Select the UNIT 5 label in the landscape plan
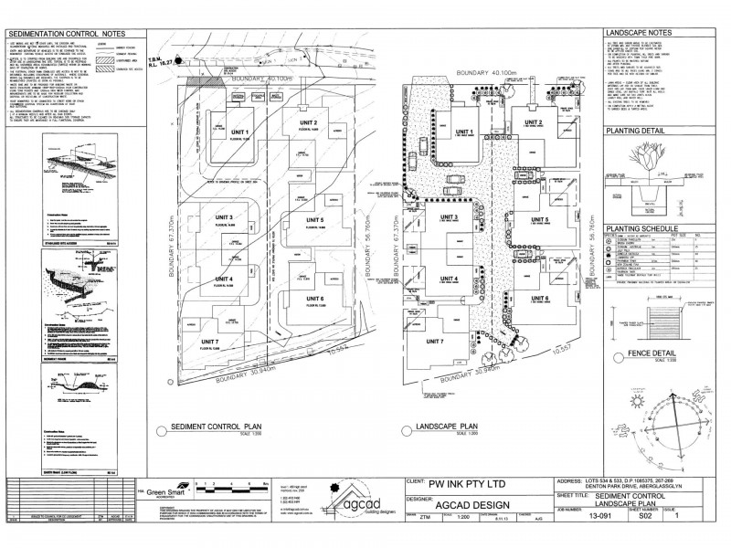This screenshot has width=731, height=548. (540, 220)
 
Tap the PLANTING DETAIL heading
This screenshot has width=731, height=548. (639, 132)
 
